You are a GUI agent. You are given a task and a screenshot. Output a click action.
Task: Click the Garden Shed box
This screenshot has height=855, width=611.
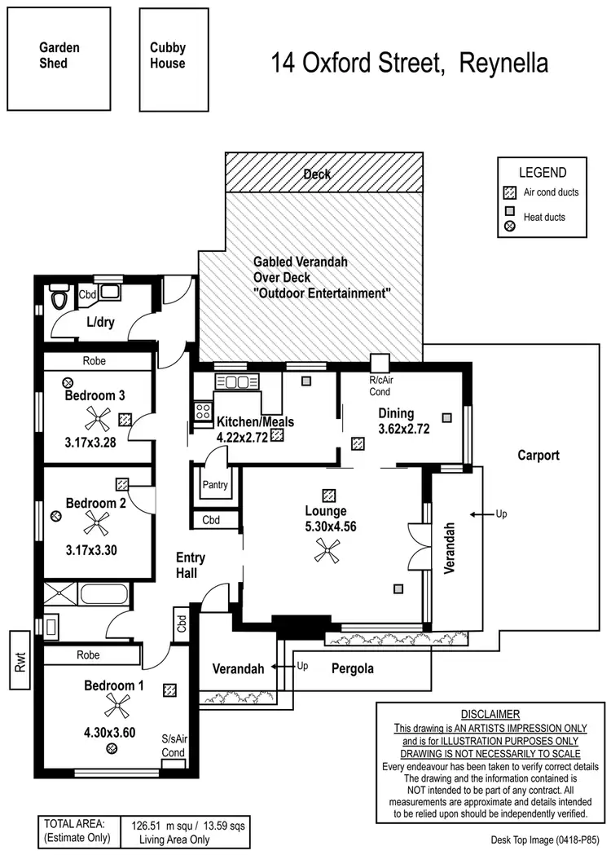pyautogui.click(x=59, y=59)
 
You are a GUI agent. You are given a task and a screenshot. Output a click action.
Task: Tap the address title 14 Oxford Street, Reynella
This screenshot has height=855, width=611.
pyautogui.click(x=409, y=63)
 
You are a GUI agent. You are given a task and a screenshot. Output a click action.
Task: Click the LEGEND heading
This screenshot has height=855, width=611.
pyautogui.click(x=543, y=173)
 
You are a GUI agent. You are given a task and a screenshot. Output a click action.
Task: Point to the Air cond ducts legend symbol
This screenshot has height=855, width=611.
pyautogui.click(x=510, y=193)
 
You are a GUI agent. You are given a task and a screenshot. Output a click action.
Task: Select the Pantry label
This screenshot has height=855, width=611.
pyautogui.click(x=215, y=485)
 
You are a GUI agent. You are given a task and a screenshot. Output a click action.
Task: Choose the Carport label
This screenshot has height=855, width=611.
pyautogui.click(x=538, y=456)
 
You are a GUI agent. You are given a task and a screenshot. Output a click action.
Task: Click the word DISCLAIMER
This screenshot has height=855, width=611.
pyautogui.click(x=490, y=713)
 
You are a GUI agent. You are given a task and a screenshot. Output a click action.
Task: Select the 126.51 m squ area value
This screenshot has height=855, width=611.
pyautogui.click(x=164, y=824)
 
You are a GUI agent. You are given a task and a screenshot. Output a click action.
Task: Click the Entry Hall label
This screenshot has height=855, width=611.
pyautogui.click(x=190, y=565)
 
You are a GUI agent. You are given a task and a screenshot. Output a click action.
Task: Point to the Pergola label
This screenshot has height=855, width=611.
pyautogui.click(x=353, y=668)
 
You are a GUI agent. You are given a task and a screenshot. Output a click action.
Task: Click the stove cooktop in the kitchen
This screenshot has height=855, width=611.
pyautogui.click(x=202, y=411)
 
